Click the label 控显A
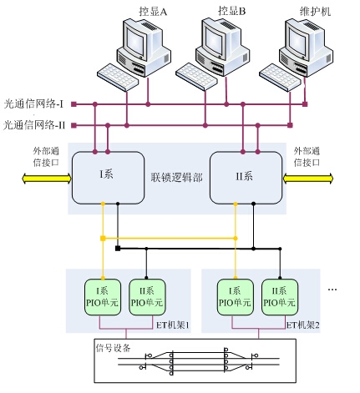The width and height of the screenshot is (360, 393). pyautogui.click(x=153, y=12)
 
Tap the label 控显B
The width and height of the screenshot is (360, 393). pyautogui.click(x=231, y=11)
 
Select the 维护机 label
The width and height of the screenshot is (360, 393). pyautogui.click(x=315, y=12)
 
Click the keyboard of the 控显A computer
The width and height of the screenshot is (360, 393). pyautogui.click(x=118, y=77)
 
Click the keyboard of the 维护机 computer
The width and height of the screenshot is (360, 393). pyautogui.click(x=280, y=77)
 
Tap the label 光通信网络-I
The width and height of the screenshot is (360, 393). pyautogui.click(x=33, y=104)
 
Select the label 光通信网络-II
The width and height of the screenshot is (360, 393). pyautogui.click(x=34, y=125)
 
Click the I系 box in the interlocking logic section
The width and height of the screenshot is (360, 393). pyautogui.click(x=108, y=178)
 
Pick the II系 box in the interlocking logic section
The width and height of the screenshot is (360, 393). pyautogui.click(x=246, y=178)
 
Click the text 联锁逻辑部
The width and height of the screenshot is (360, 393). pyautogui.click(x=177, y=178)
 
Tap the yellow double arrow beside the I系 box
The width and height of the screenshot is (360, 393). pyautogui.click(x=47, y=179)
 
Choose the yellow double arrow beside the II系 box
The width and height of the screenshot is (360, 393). pyautogui.click(x=308, y=179)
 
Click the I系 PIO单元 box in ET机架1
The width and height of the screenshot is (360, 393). pyautogui.click(x=103, y=297)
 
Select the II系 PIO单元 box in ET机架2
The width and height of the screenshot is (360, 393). pyautogui.click(x=280, y=297)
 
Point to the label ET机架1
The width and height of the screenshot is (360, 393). pyautogui.click(x=173, y=325)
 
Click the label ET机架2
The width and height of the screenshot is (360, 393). pyautogui.click(x=303, y=325)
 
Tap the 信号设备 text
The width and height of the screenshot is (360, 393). pyautogui.click(x=113, y=348)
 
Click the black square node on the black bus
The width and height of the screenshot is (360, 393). pyautogui.click(x=118, y=249)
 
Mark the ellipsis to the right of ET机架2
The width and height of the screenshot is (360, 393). pyautogui.click(x=332, y=290)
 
